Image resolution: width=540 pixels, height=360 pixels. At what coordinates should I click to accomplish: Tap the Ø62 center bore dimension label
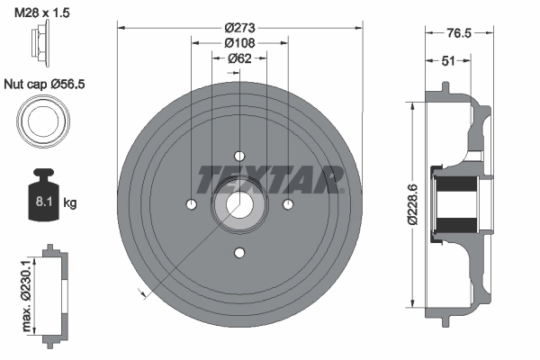pyautogui.click(x=238, y=58)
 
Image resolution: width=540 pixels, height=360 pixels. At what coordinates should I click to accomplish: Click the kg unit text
pyautogui.click(x=70, y=203)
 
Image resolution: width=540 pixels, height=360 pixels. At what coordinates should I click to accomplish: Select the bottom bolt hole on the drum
pyautogui.click(x=239, y=252)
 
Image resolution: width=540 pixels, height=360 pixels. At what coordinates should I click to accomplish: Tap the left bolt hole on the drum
pyautogui.click(x=191, y=204)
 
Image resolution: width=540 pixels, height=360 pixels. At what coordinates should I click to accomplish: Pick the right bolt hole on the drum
pyautogui.click(x=288, y=204)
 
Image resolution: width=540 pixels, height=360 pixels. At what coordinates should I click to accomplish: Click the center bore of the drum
pyautogui.click(x=239, y=204)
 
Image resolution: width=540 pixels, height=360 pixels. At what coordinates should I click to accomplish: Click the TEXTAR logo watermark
pyautogui.click(x=271, y=179)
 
